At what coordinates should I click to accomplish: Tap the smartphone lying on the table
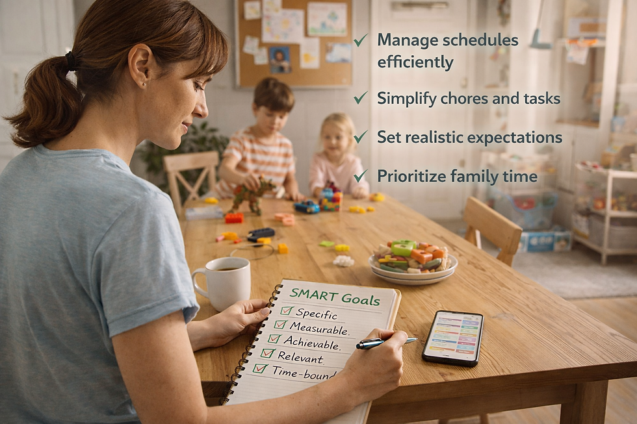(x=453, y=337)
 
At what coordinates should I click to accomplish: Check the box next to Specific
(x=287, y=311)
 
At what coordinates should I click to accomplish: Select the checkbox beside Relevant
(x=267, y=353)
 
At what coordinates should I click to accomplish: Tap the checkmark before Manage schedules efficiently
(x=360, y=40)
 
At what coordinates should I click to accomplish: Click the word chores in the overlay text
(x=465, y=99)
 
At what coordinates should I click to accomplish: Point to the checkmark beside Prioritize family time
(x=360, y=176)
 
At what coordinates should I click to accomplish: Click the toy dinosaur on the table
(x=252, y=194)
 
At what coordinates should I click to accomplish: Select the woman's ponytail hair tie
(x=71, y=62)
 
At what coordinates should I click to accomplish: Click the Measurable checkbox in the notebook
(x=280, y=325)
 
